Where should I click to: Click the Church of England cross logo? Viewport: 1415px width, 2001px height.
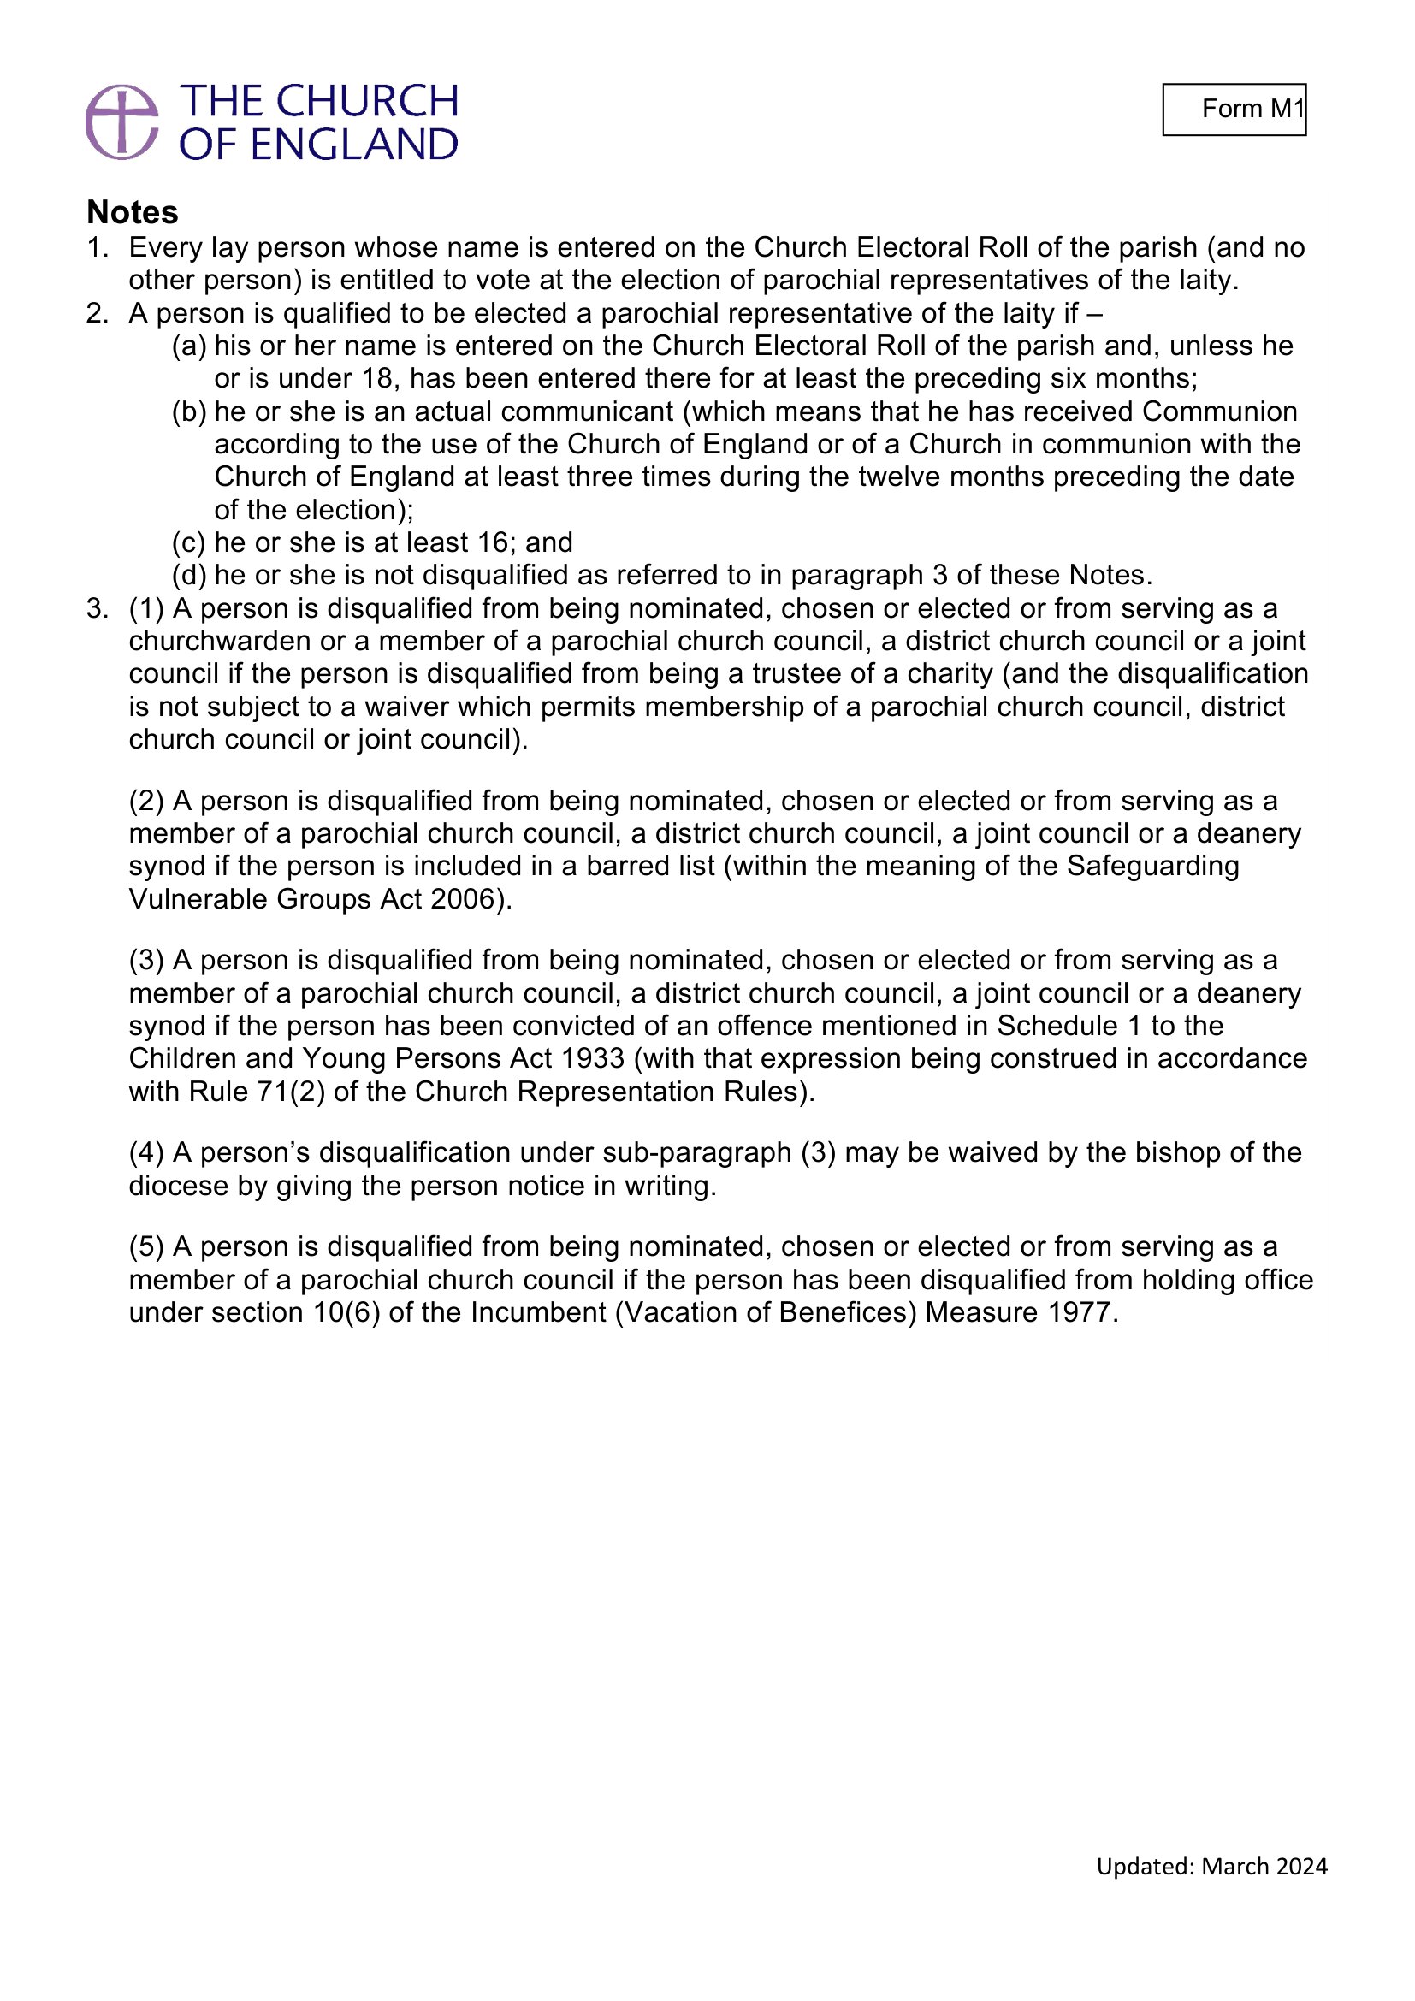[x=122, y=122]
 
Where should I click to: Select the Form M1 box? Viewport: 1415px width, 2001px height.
[x=1234, y=109]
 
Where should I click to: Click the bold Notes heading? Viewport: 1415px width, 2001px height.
[x=133, y=212]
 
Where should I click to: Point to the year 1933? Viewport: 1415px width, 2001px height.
[x=593, y=1058]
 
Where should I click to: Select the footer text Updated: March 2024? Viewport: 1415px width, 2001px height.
[x=1211, y=1891]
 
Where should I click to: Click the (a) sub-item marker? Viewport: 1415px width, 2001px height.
[x=189, y=346]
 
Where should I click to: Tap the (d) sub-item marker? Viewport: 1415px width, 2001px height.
[x=189, y=575]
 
